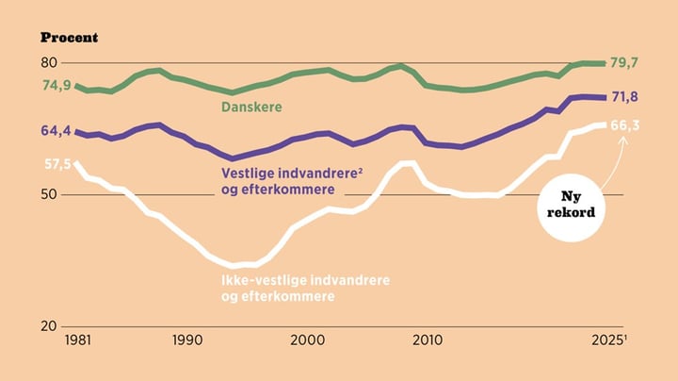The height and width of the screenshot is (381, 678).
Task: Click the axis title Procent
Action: tap(69, 38)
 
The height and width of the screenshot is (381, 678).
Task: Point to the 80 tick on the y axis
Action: tap(48, 63)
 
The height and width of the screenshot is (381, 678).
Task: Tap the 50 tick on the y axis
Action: tap(48, 195)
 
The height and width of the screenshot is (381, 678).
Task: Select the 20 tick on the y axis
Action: tap(48, 326)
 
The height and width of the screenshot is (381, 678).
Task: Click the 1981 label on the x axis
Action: tap(78, 340)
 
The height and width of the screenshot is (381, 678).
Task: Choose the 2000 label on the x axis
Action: tap(307, 340)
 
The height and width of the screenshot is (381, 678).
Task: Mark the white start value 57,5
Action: tap(56, 164)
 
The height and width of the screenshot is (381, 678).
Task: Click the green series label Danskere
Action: tap(252, 108)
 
